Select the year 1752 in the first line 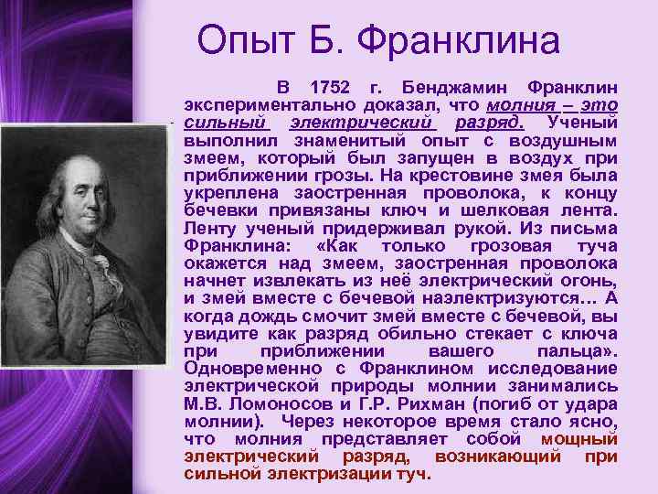[x=330, y=89]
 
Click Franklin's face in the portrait [x=80, y=198]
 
